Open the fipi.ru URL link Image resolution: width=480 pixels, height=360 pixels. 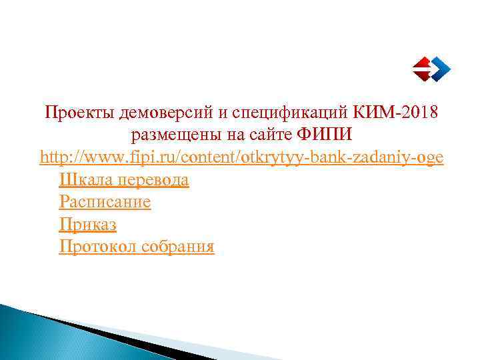pyautogui.click(x=241, y=157)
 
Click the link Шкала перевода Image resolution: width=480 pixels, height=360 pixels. pyautogui.click(x=124, y=180)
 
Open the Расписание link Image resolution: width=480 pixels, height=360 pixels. pyautogui.click(x=105, y=202)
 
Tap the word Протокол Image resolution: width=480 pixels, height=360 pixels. pyautogui.click(x=94, y=247)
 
